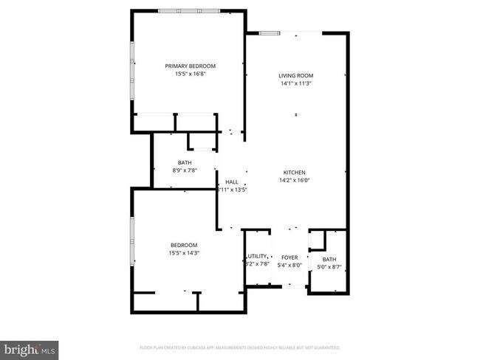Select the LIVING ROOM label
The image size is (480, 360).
296,75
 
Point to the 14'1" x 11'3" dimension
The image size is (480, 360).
296,83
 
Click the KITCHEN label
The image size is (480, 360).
294,172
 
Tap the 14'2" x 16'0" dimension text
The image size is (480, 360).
294,180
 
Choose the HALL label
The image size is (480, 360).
231,181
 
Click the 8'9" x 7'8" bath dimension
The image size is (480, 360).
185,170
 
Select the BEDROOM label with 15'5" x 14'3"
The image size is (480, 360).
184,245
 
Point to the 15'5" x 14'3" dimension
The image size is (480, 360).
184,253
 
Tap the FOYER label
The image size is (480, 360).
289,258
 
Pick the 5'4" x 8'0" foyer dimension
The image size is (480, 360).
289,266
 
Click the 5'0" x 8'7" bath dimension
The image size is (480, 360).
329,267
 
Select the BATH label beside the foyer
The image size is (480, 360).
329,259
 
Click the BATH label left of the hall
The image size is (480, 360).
185,162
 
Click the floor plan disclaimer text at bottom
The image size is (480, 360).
239,347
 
